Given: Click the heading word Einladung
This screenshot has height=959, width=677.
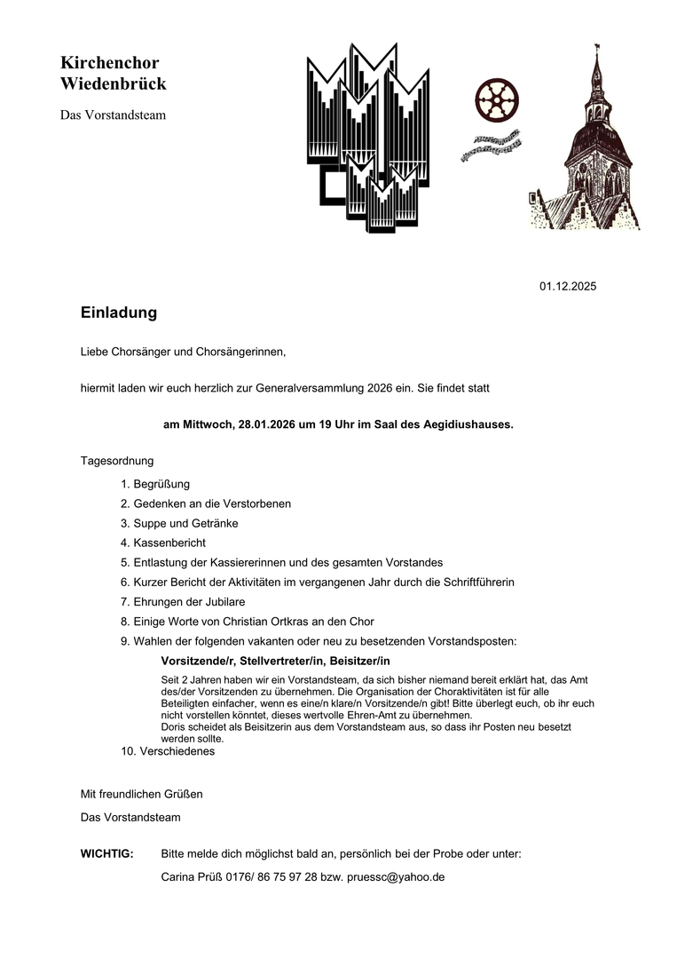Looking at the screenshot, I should [118, 313].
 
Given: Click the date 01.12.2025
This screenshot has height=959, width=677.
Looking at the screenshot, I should [568, 286].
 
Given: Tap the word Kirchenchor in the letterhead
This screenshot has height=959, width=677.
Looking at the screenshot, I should [110, 63].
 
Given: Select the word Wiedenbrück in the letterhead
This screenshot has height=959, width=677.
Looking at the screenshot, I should [114, 84].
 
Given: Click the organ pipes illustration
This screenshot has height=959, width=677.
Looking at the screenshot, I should [368, 138].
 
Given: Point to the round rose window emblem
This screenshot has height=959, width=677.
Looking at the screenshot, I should [496, 99].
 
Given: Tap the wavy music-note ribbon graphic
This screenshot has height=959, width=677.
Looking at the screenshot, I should [491, 146].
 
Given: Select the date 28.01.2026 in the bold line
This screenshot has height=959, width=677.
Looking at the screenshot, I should [267, 424].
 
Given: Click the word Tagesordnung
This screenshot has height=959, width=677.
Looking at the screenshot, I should [117, 461].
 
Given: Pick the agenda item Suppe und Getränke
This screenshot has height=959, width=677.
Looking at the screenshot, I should [185, 523].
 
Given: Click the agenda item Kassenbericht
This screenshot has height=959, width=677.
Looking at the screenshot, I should [169, 543].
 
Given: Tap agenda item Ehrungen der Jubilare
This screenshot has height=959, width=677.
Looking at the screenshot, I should [189, 602].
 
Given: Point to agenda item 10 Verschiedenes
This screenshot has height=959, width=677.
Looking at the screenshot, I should [177, 751].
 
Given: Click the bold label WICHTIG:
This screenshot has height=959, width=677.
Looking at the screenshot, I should [106, 854].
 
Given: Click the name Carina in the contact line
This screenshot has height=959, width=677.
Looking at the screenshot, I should [179, 876].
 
